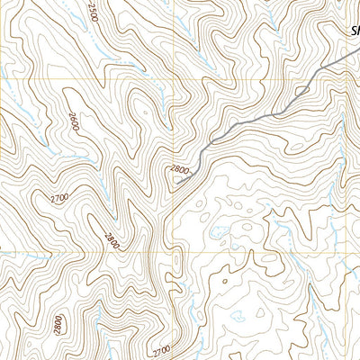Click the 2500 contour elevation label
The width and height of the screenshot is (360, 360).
click(94, 13)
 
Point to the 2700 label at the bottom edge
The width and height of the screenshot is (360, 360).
click(161, 349)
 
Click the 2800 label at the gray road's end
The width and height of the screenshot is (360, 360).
click(180, 169)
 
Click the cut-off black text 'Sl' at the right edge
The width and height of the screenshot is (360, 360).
click(354, 32)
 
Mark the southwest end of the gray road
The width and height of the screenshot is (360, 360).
click(176, 183)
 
